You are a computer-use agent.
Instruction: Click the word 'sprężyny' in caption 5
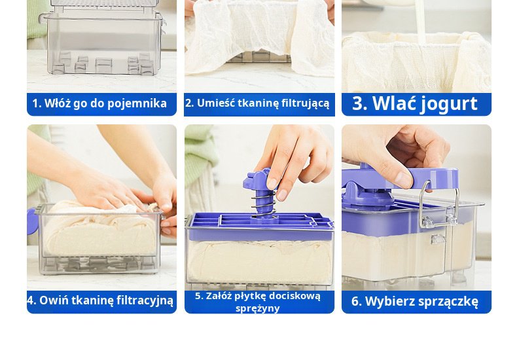tap(257, 309)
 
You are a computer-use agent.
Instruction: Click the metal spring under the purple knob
tap(264, 204)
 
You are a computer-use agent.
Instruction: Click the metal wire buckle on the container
tap(438, 206)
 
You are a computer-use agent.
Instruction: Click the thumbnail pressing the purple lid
tap(404, 180)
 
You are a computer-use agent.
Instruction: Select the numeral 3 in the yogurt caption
tap(359, 103)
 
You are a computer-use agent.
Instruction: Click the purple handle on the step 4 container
tap(32, 221)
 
